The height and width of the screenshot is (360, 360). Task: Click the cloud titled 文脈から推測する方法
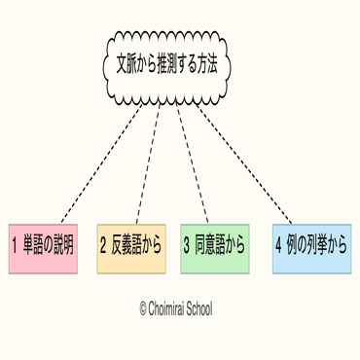tap(162, 64)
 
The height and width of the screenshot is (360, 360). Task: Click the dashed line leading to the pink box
tap(97, 162)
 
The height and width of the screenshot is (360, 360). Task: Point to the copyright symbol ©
tap(142, 308)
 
